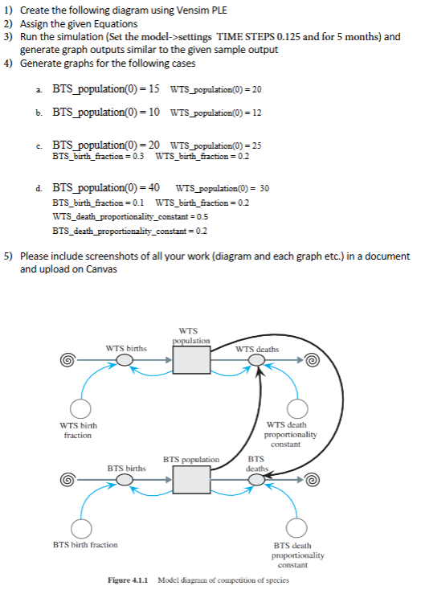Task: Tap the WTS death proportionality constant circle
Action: coord(298,408)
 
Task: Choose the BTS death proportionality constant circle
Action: coord(298,528)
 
